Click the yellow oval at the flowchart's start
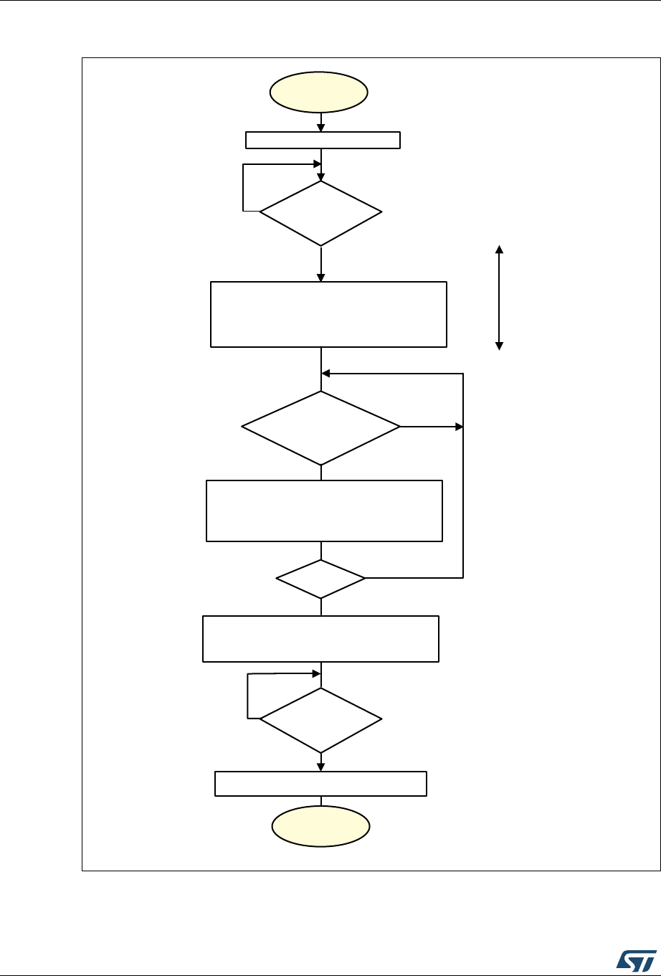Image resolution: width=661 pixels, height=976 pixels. tap(318, 92)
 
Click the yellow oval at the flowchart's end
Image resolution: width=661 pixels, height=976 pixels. tap(320, 826)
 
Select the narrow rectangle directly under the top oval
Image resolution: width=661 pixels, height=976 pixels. tap(323, 140)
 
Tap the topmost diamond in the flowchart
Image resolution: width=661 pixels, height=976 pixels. tap(320, 213)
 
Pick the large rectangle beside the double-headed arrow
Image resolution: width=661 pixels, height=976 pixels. tap(328, 314)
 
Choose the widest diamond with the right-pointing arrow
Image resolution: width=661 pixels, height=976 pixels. tap(320, 427)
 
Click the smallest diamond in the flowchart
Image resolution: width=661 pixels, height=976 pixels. tap(320, 578)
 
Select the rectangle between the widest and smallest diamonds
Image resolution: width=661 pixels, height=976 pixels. tap(324, 511)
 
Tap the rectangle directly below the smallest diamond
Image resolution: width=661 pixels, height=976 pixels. tap(320, 638)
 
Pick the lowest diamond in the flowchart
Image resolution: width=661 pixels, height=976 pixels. tap(320, 719)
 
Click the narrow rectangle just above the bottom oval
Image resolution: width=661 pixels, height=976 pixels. tap(321, 783)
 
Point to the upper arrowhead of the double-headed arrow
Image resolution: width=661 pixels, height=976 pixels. tap(500, 249)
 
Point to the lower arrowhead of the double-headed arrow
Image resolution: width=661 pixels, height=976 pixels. tap(500, 346)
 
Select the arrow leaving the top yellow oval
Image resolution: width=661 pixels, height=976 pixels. tap(320, 122)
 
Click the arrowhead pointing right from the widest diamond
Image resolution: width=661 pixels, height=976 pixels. tap(459, 427)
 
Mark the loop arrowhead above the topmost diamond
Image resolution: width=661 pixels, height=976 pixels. tap(316, 164)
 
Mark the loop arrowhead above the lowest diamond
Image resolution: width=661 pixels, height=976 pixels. tap(316, 674)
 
